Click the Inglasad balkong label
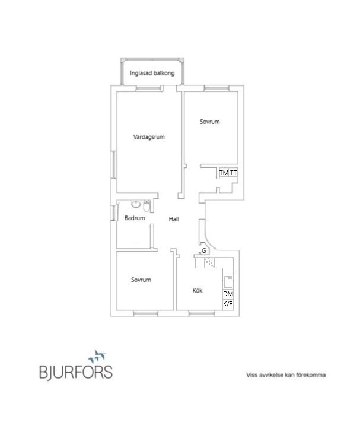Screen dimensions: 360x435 tap(152, 73)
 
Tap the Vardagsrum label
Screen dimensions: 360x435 tap(149, 137)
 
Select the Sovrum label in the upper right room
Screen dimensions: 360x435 tap(210, 122)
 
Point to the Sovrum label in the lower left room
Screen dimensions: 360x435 tap(141, 280)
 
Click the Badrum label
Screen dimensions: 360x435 tap(135, 218)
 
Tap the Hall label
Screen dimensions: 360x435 tap(174, 219)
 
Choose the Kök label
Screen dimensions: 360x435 tap(197, 290)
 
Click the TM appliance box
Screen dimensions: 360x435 tap(224, 173)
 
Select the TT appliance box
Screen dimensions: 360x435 tap(233, 173)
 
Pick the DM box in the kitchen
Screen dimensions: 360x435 tap(228, 294)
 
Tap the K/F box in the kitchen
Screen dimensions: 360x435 tap(228, 304)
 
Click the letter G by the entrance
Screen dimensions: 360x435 tap(204, 251)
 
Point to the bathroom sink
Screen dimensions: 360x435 tap(136, 204)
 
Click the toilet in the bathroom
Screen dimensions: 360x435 tap(146, 206)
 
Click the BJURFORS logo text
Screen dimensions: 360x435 tap(76, 372)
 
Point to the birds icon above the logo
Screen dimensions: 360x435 tap(98, 355)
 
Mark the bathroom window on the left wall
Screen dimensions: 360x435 tap(113, 213)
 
